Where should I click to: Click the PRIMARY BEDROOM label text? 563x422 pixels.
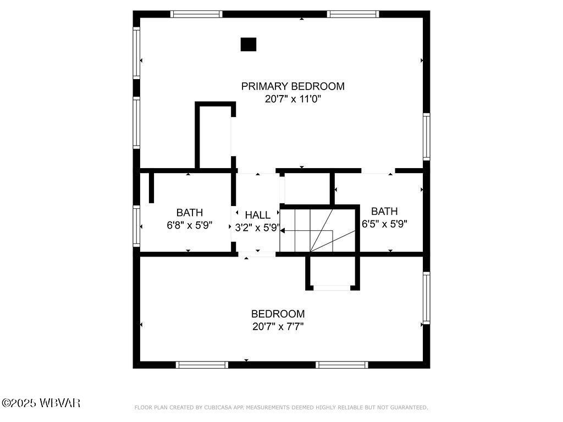click(292, 86)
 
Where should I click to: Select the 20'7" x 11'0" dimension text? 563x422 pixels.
click(292, 99)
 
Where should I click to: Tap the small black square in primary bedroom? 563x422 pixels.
click(249, 45)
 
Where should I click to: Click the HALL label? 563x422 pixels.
click(257, 215)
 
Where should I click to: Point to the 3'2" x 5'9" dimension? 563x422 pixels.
click(257, 227)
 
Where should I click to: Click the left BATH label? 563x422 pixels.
click(189, 213)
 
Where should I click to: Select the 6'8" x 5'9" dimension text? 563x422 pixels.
click(189, 226)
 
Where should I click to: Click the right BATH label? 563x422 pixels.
click(384, 211)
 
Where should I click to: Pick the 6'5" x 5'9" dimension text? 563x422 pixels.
click(384, 224)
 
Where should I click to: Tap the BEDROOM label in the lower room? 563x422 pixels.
click(278, 314)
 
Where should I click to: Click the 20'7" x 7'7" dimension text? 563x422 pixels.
click(278, 327)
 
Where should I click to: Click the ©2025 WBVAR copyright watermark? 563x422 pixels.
click(41, 403)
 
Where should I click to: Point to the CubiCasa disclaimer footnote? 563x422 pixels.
click(281, 408)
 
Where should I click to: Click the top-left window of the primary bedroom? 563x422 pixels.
click(196, 14)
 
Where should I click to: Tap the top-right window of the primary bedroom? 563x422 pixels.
click(353, 14)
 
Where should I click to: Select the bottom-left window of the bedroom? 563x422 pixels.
click(202, 365)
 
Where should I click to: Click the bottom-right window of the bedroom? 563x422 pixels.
click(341, 365)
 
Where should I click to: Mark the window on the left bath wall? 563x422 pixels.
click(136, 225)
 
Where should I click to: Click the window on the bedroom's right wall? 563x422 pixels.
click(426, 298)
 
